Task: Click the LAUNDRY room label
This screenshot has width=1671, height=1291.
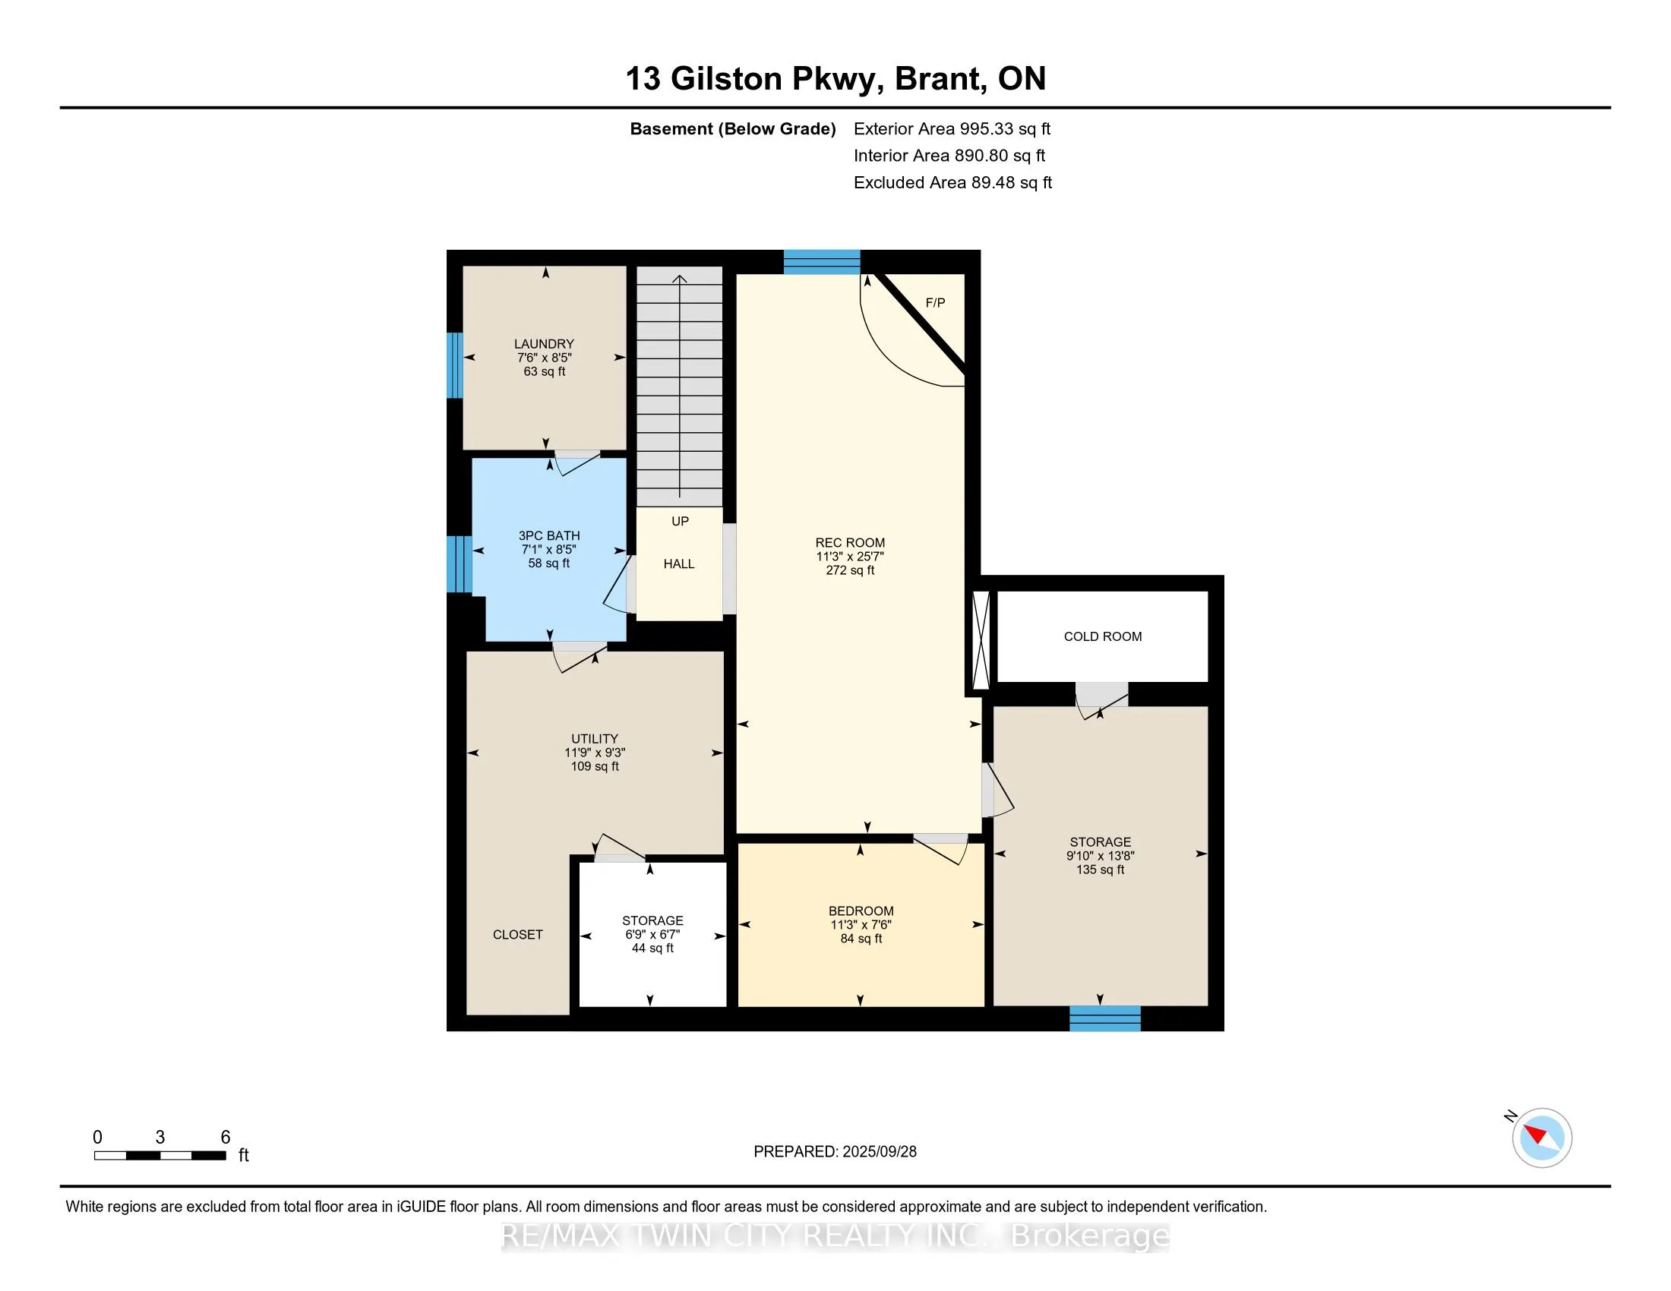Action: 544,344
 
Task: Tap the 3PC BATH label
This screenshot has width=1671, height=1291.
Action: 549,536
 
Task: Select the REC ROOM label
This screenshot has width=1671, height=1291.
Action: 850,543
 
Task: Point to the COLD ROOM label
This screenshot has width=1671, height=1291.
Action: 1103,636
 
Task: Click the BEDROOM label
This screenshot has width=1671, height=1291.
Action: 861,911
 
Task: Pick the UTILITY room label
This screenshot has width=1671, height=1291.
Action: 595,739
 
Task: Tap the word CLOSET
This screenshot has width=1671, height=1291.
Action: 518,935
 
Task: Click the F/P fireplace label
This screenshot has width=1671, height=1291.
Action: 935,303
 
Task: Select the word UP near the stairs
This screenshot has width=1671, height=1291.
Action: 681,522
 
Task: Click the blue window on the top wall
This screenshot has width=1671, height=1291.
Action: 822,262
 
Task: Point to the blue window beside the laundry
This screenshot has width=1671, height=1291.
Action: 455,365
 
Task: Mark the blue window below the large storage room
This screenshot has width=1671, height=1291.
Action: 1105,1018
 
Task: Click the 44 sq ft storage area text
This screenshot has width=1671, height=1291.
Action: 652,949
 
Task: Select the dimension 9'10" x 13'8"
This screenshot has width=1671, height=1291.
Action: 1101,857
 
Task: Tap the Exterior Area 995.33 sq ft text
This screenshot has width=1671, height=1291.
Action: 952,129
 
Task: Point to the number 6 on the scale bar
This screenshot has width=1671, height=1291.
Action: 225,1138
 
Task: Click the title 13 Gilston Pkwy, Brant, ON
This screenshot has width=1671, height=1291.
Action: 835,79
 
